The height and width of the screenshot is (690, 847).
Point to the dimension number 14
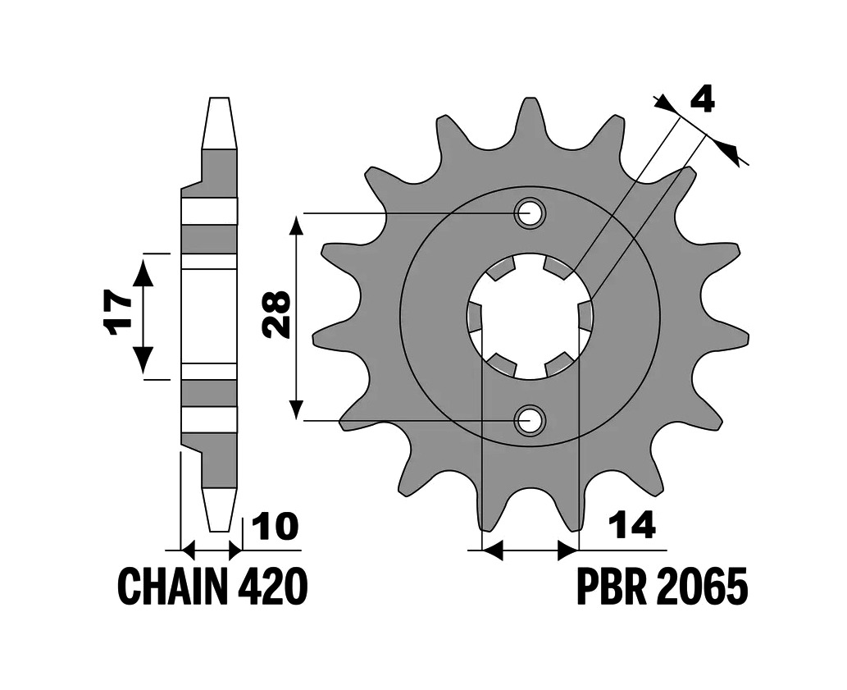pyautogui.click(x=631, y=524)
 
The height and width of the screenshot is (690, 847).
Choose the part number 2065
pyautogui.click(x=702, y=587)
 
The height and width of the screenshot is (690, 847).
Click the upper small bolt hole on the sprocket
pyautogui.click(x=530, y=213)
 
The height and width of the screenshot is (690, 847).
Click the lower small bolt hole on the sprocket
pyautogui.click(x=530, y=420)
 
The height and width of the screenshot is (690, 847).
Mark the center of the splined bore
pyautogui.click(x=530, y=317)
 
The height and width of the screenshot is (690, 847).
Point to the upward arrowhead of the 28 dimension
pyautogui.click(x=295, y=226)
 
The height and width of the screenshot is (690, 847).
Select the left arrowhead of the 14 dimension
pyautogui.click(x=492, y=550)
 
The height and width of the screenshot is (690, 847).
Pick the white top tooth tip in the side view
pyautogui.click(x=219, y=122)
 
